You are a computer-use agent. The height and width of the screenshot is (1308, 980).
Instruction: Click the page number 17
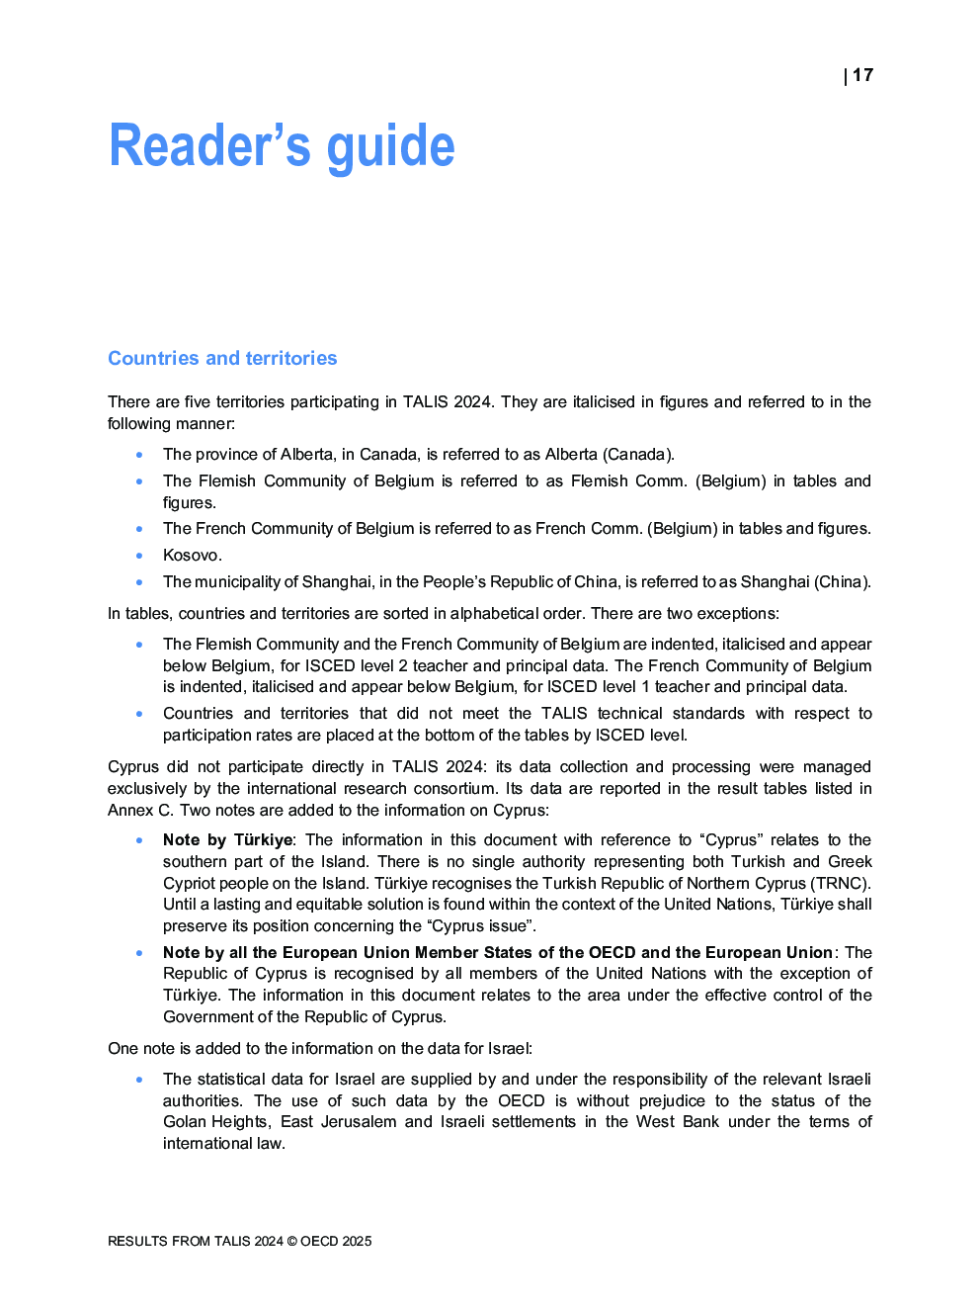pyautogui.click(x=862, y=75)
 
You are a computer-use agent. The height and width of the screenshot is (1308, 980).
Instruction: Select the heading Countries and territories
pyautogui.click(x=222, y=358)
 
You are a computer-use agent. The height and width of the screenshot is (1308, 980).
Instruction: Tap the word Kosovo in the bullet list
pyautogui.click(x=191, y=555)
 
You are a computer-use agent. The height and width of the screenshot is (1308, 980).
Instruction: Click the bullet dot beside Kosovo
pyautogui.click(x=139, y=555)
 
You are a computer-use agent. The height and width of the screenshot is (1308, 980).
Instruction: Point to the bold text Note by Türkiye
pyautogui.click(x=228, y=839)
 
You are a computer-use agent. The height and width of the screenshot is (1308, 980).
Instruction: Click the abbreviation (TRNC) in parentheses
pyautogui.click(x=841, y=883)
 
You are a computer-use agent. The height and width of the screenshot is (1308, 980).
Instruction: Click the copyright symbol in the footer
pyautogui.click(x=291, y=1241)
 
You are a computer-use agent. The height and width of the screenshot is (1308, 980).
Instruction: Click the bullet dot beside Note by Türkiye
pyautogui.click(x=139, y=839)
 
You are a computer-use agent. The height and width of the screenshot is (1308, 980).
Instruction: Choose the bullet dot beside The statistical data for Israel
pyautogui.click(x=139, y=1079)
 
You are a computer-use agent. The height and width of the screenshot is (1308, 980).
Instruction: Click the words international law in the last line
pyautogui.click(x=223, y=1143)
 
